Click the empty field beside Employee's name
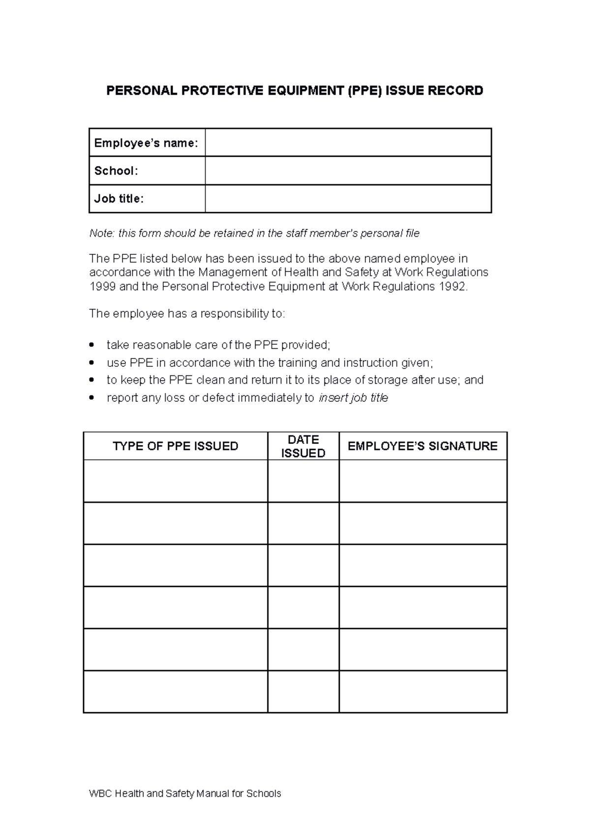coord(348,142)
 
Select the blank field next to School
coord(348,170)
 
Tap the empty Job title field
coord(348,198)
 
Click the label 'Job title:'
coord(119,198)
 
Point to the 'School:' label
coord(116,170)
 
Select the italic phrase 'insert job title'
coord(354,398)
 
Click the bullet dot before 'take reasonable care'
coord(91,345)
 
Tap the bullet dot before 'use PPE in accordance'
coord(91,363)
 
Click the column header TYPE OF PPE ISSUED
coord(175,446)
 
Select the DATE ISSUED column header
coord(303,446)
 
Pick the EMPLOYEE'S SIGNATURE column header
coord(422,446)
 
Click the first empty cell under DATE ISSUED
coord(303,481)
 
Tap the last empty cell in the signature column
coord(422,691)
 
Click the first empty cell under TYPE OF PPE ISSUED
coord(175,481)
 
